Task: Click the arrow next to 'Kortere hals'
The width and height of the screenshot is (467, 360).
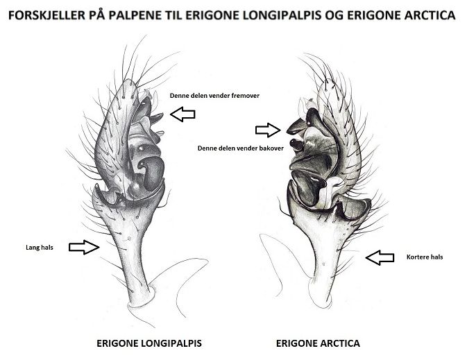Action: click(380, 258)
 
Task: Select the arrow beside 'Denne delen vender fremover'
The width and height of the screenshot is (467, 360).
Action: click(183, 114)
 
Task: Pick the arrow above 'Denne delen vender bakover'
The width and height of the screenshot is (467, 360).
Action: click(267, 130)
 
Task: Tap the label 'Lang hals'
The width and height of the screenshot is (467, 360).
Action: click(31, 246)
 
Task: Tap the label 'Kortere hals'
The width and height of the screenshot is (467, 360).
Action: click(425, 257)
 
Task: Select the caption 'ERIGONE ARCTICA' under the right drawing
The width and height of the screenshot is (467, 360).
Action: click(318, 343)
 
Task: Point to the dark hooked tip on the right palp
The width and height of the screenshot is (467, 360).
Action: click(289, 128)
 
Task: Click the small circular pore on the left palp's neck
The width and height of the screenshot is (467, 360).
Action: click(130, 240)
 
